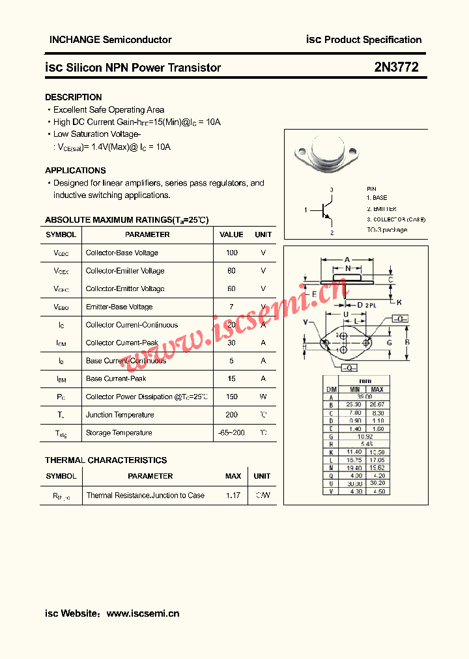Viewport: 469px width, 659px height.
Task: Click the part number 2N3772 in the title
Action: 396,67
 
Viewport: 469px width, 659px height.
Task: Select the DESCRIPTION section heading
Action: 73,97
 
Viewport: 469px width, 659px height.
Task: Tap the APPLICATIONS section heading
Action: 75,171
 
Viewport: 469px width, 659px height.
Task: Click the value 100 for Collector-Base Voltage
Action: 231,253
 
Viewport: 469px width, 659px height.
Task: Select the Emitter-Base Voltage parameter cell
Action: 119,307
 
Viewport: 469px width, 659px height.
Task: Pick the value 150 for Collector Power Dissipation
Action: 231,397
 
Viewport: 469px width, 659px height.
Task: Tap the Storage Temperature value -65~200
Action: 231,433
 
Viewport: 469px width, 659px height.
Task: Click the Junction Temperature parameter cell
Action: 120,415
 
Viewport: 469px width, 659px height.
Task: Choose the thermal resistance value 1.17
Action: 233,496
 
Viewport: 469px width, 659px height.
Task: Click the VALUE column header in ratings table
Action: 231,234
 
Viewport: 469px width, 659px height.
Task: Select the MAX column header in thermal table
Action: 233,476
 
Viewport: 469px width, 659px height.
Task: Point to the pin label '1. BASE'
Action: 377,198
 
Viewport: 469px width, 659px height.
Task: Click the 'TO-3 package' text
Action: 386,230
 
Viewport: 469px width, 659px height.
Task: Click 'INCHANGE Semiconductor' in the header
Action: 111,40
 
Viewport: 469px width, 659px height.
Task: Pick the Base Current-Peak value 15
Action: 231,378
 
